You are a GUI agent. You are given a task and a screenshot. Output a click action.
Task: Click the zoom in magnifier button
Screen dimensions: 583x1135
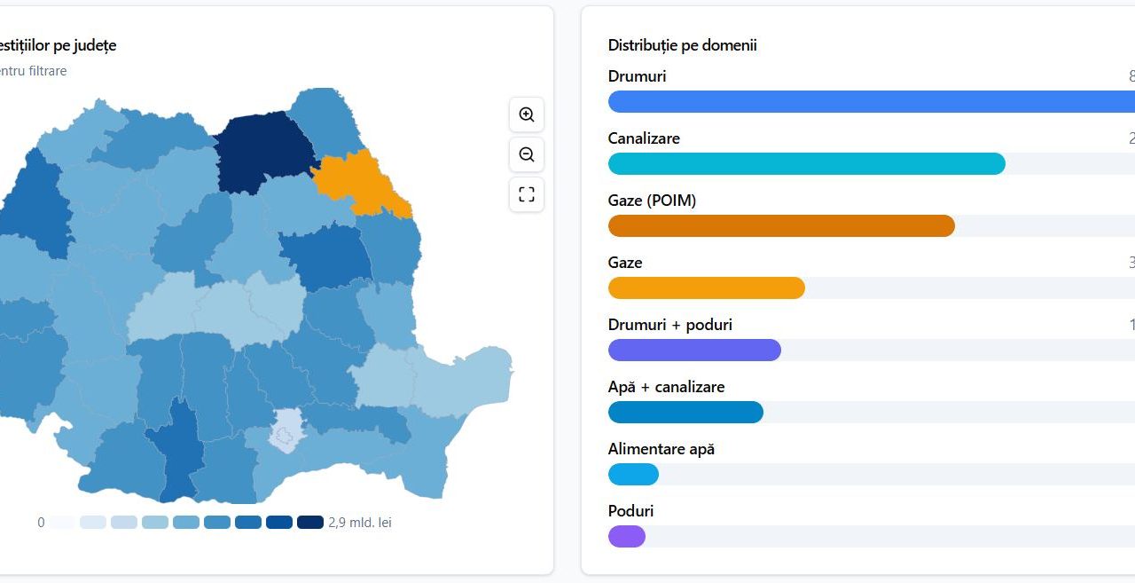527,114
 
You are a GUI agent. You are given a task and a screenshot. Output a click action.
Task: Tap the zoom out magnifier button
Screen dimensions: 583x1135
527,154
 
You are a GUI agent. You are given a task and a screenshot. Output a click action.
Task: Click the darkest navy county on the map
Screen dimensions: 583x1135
263,151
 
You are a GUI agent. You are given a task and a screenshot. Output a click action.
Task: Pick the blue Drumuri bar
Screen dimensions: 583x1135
869,102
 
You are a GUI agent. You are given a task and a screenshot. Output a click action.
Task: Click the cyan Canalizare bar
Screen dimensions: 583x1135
806,164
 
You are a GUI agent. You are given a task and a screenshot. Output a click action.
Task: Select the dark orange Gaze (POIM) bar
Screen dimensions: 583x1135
781,226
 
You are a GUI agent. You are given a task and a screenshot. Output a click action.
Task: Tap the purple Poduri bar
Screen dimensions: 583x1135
627,537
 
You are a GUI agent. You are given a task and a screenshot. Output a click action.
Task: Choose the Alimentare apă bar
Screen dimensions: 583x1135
633,475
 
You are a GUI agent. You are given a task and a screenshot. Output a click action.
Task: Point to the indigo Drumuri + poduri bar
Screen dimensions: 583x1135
694,351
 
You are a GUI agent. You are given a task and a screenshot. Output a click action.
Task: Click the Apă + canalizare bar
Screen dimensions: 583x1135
685,413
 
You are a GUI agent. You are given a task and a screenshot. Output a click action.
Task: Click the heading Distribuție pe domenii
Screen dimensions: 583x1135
682,45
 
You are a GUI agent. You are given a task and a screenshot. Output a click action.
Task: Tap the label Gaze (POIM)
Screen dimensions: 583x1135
652,201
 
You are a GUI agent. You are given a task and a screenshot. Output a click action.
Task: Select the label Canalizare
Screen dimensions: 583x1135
644,138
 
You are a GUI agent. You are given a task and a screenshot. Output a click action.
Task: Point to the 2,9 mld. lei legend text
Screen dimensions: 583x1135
359,523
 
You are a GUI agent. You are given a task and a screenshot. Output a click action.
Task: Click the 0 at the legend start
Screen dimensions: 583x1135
41,523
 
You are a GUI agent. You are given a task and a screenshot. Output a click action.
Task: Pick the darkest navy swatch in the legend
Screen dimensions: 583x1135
309,523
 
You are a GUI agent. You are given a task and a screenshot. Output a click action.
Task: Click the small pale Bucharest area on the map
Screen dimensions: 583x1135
286,431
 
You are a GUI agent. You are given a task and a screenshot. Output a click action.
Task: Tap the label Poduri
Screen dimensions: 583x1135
630,511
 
